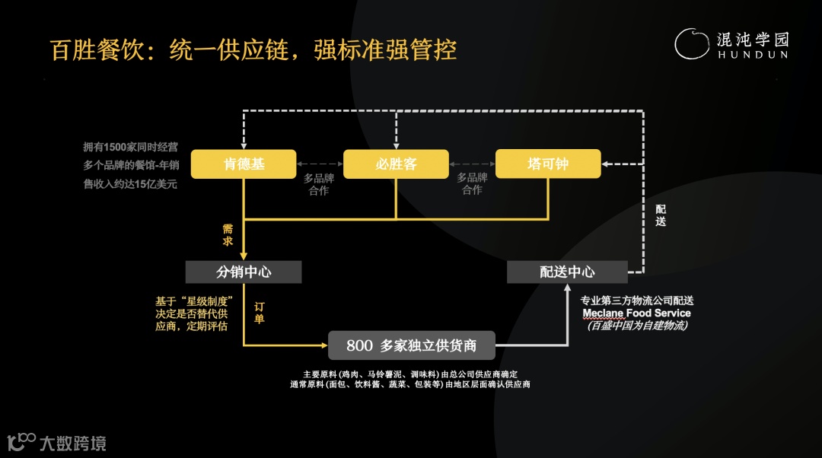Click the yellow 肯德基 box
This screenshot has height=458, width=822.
[x=244, y=164]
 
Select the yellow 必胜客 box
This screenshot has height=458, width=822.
[x=396, y=164]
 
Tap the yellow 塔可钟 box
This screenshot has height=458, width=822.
[x=548, y=164]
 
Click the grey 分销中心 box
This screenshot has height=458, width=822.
[x=244, y=272]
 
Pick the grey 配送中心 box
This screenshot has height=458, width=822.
[x=567, y=272]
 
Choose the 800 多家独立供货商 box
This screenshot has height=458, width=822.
[x=411, y=345]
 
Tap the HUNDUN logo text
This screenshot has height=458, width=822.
[x=752, y=56]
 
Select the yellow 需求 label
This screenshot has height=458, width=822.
[x=228, y=234]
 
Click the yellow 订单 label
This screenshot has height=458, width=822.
[x=259, y=312]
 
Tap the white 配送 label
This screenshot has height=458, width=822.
[x=661, y=215]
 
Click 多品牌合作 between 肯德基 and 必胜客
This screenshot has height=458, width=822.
[x=319, y=184]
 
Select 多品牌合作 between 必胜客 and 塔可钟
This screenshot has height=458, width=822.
[x=472, y=184]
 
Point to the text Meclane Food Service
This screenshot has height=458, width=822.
[x=636, y=313]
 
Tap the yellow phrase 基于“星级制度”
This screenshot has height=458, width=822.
[x=194, y=301]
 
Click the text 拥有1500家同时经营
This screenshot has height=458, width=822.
[x=130, y=147]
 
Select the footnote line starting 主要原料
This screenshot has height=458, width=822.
[x=410, y=374]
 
